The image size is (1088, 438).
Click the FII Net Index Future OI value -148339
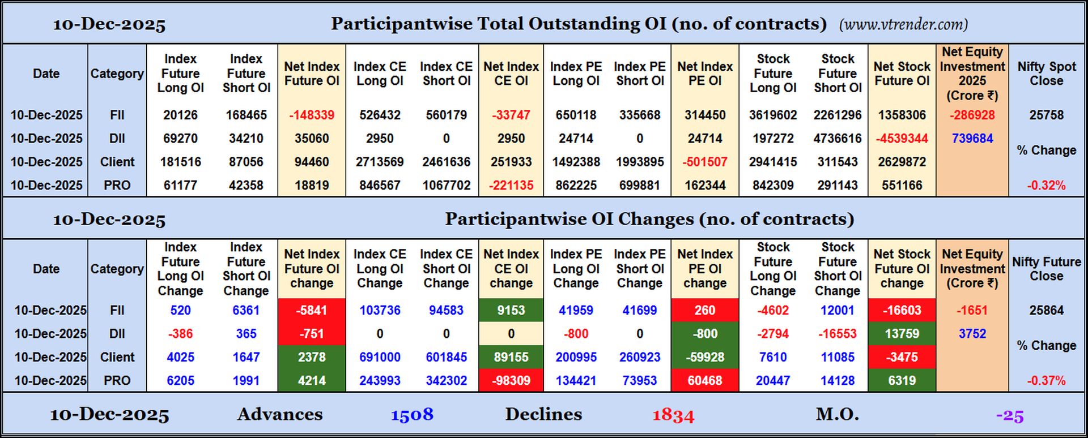click(312, 115)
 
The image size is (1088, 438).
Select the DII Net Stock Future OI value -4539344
click(902, 139)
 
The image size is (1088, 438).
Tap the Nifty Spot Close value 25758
click(1046, 115)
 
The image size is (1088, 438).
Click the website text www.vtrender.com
click(903, 24)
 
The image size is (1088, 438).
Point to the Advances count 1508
click(412, 415)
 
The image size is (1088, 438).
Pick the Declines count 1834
click(673, 415)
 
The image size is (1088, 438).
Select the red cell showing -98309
click(511, 380)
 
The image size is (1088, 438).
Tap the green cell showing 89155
click(511, 357)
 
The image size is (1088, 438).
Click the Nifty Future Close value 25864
click(1046, 310)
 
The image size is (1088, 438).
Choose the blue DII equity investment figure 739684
click(972, 139)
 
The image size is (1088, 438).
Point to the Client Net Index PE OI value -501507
click(705, 162)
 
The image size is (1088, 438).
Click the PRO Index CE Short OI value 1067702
click(447, 185)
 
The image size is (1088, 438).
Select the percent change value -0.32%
click(1046, 185)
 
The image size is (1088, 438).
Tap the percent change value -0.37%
click(1046, 380)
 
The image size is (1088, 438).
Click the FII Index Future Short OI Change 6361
click(246, 310)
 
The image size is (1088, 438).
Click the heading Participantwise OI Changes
click(649, 219)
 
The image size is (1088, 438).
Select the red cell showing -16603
click(902, 310)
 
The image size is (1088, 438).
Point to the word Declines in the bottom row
click(543, 414)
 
